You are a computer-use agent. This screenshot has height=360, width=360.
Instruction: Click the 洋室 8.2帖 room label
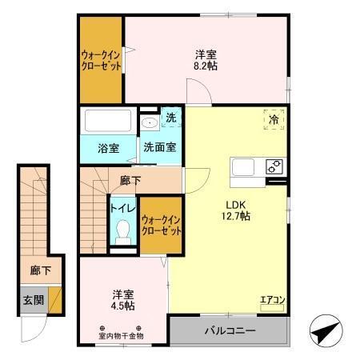[206, 61]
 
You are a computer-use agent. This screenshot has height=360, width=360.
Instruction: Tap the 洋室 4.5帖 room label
[122, 299]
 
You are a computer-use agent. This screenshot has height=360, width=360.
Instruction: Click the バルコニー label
[228, 330]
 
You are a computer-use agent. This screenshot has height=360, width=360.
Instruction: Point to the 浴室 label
[108, 148]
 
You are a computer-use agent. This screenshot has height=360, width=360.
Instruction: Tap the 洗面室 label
[160, 148]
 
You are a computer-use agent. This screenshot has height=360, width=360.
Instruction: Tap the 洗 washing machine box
[171, 118]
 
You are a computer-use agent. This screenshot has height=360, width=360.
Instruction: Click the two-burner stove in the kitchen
[274, 167]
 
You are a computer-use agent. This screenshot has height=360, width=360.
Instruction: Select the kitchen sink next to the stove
[243, 168]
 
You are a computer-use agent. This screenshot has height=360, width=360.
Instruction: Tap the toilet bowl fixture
[122, 232]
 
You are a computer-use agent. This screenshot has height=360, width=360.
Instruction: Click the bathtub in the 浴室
[109, 123]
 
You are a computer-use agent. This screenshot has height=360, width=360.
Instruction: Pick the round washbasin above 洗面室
[149, 123]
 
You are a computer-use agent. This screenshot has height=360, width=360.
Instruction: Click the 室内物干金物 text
[121, 336]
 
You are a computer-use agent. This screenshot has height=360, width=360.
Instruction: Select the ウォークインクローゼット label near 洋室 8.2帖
[101, 61]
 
